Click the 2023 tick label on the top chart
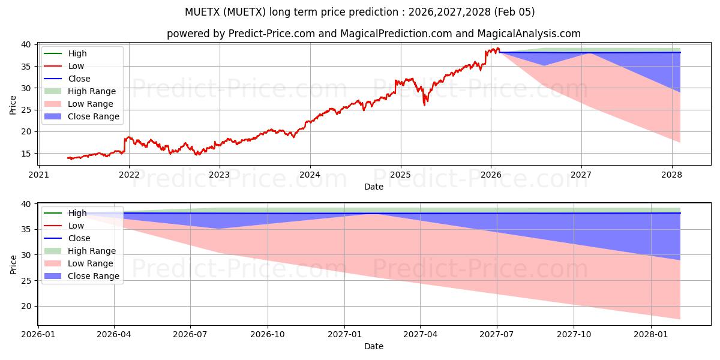(x=219, y=175)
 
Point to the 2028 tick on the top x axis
(x=672, y=175)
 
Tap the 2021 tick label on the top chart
(x=38, y=175)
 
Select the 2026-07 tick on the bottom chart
(x=190, y=334)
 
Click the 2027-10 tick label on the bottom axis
(x=574, y=334)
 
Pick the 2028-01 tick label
(x=651, y=334)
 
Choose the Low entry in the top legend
(x=76, y=66)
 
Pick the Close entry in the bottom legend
(x=79, y=238)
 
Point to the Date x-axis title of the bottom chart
(x=373, y=346)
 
